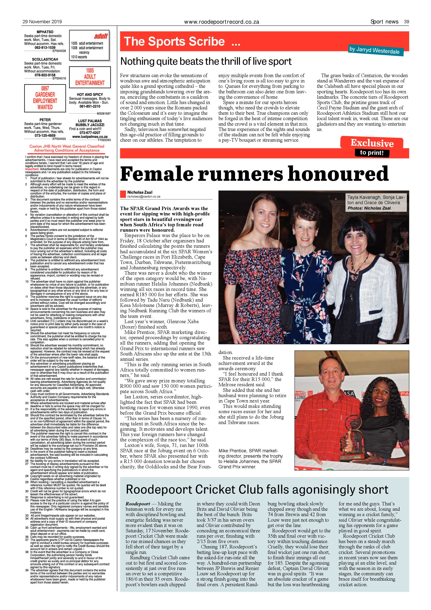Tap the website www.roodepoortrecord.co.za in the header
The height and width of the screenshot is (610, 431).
point(221,22)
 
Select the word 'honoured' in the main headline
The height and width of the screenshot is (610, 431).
point(338,174)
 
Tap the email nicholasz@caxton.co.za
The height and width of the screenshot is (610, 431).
point(144,197)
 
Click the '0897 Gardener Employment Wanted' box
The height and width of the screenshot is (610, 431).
point(45,98)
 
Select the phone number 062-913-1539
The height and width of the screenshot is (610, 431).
point(45,48)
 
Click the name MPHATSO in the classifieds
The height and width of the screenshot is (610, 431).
point(45,32)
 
